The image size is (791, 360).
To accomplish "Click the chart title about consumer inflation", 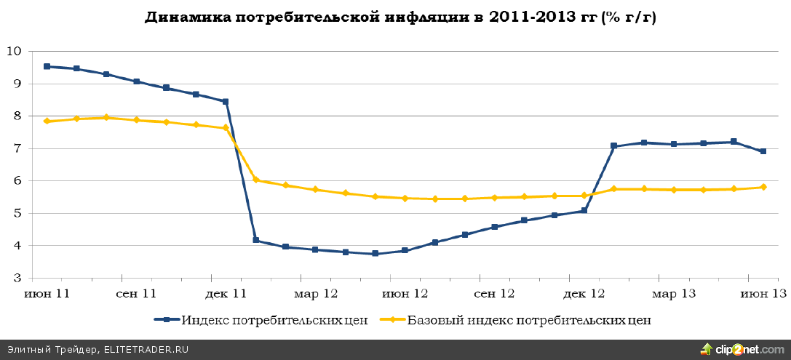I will (400, 17).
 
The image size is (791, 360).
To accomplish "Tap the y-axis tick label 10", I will (14, 51).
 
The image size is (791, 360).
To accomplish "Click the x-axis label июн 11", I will (47, 294).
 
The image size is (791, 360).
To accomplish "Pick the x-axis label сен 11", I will (137, 294).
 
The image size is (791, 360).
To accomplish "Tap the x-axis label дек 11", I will (226, 294).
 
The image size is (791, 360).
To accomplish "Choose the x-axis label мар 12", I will (316, 294).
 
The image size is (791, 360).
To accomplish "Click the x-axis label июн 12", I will (405, 294).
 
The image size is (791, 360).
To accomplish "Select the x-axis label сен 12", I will (495, 294).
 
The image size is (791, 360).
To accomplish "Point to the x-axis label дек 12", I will (584, 294).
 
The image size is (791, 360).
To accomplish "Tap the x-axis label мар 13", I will (674, 294).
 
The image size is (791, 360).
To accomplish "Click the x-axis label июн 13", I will (763, 294).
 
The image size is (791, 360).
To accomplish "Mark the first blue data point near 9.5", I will (47, 66).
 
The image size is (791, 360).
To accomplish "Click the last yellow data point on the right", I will (763, 187).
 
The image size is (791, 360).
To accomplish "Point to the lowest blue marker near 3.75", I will (375, 254).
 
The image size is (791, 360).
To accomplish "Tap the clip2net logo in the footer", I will (742, 350).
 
